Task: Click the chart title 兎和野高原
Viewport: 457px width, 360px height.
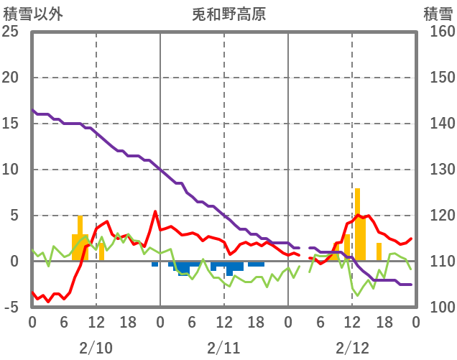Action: point(229,14)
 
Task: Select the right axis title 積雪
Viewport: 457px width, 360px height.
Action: point(437,14)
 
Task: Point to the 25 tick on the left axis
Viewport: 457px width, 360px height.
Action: point(11,32)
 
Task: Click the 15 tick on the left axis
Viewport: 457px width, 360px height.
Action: point(11,124)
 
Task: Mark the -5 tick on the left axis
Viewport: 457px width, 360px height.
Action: point(12,308)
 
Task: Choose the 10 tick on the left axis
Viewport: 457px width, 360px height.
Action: point(11,170)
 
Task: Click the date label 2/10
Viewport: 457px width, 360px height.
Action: point(96,349)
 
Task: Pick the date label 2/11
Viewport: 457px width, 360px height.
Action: point(223,349)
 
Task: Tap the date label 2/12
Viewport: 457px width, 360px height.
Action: point(351,349)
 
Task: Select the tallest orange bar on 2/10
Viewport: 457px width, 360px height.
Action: point(80,238)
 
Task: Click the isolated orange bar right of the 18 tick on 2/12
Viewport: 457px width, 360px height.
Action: point(379,252)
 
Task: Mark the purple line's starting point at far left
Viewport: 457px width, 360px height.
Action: point(32,110)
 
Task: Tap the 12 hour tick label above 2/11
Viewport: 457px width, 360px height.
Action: point(223,322)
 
